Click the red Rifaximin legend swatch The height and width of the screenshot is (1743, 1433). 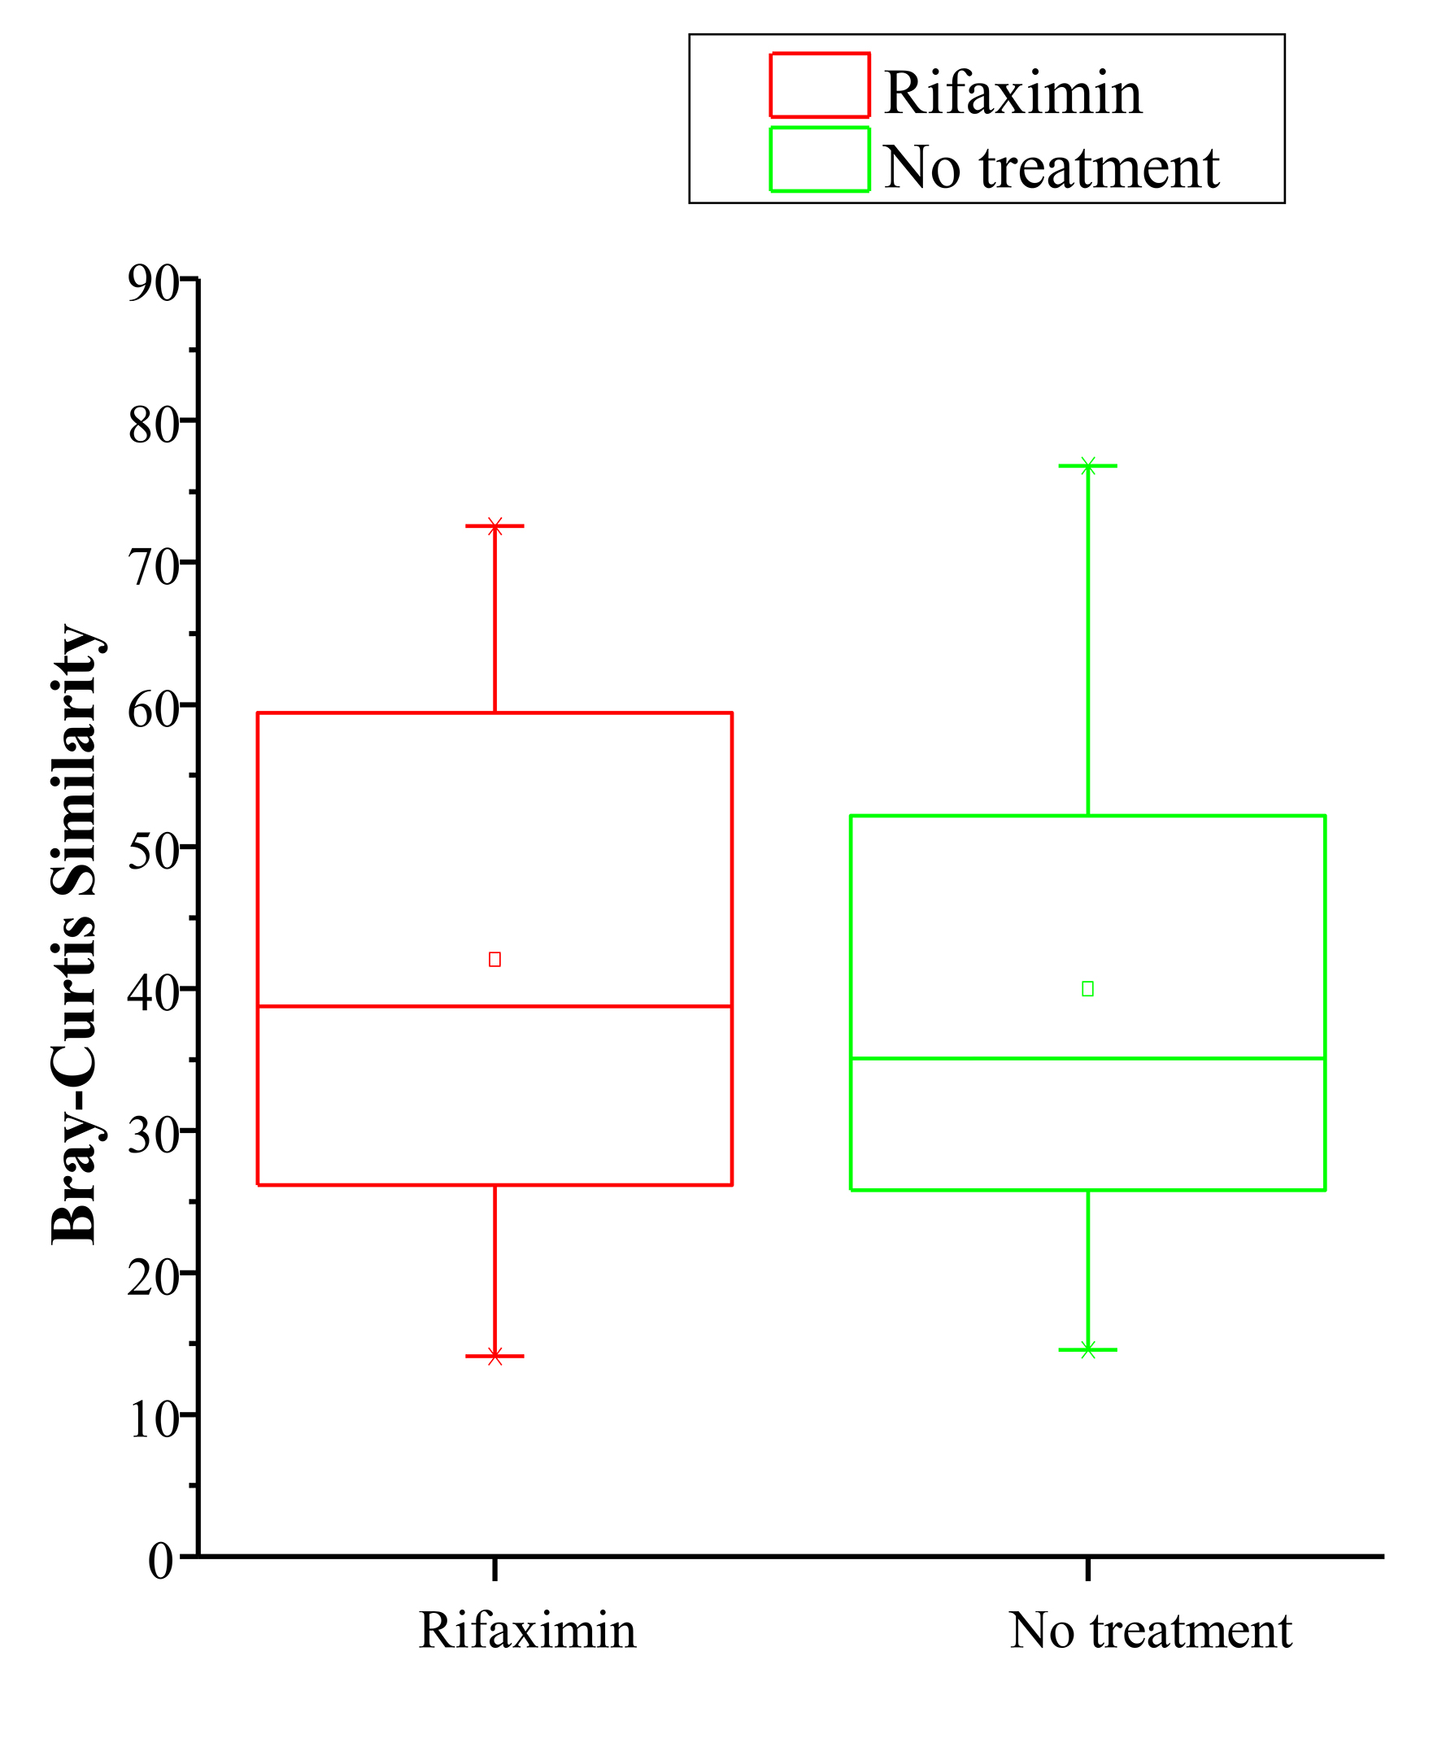tap(819, 86)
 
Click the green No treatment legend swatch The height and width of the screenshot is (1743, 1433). tap(819, 159)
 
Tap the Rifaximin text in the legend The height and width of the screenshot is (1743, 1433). tap(1013, 93)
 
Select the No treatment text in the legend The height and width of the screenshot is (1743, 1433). tap(1051, 167)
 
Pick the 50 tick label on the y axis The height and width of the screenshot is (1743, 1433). tap(154, 851)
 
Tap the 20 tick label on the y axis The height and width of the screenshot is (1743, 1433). tap(154, 1277)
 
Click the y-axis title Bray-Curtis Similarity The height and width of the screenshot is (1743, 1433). tap(76, 933)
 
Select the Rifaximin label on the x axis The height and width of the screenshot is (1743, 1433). tap(528, 1631)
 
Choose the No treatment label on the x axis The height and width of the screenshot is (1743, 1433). tap(1150, 1631)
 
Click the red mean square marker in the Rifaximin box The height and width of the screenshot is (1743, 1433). tap(494, 960)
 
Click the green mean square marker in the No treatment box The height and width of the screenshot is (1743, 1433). tap(1087, 989)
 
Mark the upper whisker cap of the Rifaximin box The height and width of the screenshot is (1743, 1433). tap(494, 526)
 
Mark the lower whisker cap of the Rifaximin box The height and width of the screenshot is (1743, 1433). tap(494, 1356)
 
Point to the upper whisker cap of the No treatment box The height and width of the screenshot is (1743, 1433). tap(1087, 466)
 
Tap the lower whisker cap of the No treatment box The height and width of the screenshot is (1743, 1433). tap(1087, 1350)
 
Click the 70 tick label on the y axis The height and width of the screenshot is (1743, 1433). tap(154, 567)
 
